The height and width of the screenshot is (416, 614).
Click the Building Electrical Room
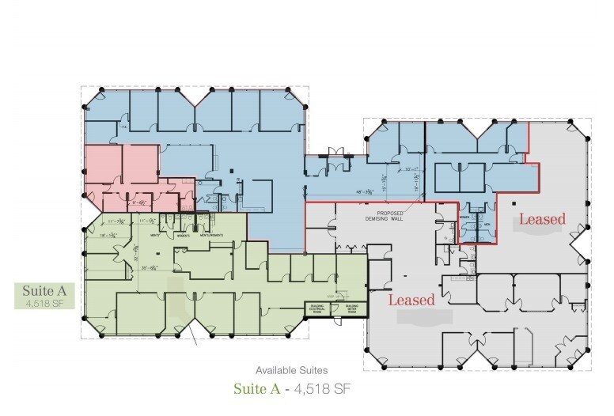tap(316, 309)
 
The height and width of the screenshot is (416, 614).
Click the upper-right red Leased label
tap(542, 219)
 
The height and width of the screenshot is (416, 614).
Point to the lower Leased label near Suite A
tap(412, 300)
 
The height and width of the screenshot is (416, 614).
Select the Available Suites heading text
tap(292, 370)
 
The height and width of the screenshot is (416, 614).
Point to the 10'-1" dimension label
tap(409, 168)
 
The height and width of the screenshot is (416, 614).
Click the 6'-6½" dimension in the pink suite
tap(142, 202)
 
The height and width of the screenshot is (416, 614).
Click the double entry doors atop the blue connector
tap(335, 152)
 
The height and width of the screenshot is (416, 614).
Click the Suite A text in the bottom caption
tap(256, 389)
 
